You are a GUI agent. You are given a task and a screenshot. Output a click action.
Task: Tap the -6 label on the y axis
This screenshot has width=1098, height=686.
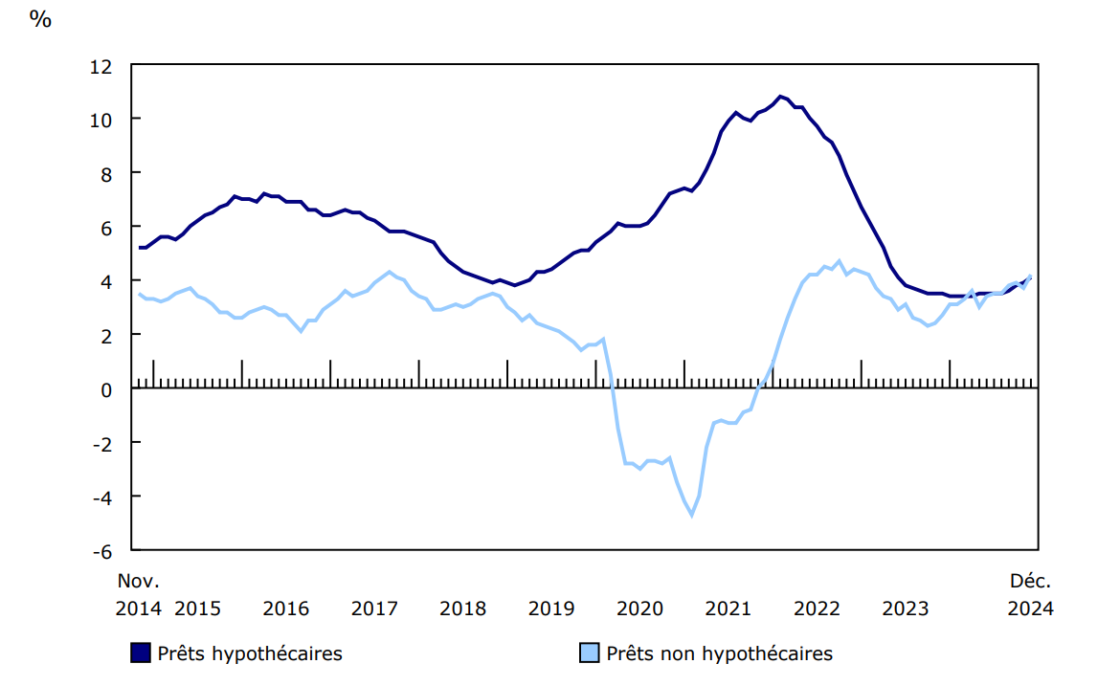[x=101, y=551]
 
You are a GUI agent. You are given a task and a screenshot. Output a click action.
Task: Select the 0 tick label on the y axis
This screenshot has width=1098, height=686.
[x=107, y=389]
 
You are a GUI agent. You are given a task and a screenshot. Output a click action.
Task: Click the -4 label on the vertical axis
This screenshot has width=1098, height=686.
[x=101, y=498]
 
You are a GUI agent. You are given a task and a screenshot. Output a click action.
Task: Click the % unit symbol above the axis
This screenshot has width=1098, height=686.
[x=40, y=18]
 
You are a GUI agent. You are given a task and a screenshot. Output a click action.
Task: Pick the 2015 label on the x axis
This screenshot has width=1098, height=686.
[x=197, y=609]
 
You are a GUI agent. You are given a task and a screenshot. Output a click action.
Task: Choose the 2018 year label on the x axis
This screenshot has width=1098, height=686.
[x=462, y=609]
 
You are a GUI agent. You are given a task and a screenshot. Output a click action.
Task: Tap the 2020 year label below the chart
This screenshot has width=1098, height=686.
[x=639, y=609]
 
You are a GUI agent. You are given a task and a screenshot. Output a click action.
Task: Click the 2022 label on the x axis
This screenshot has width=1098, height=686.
[x=817, y=609]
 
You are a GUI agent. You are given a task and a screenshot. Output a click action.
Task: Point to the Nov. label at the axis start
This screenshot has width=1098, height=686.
[x=138, y=581]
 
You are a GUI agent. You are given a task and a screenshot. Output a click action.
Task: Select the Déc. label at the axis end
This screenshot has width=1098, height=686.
[x=1030, y=581]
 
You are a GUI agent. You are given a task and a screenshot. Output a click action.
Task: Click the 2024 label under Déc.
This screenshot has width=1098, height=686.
[x=1030, y=609]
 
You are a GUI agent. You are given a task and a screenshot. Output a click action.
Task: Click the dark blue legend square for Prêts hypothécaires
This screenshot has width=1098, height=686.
[x=141, y=654]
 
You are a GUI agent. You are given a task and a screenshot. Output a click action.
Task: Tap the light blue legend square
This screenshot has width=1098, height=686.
[x=590, y=654]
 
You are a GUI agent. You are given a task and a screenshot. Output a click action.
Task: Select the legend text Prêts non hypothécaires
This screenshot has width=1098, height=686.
[x=720, y=654]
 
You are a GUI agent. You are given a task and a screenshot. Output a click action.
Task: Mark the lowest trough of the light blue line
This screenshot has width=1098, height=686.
[x=691, y=516]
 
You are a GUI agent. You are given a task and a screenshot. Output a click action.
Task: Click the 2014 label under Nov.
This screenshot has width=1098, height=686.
[x=138, y=609]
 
